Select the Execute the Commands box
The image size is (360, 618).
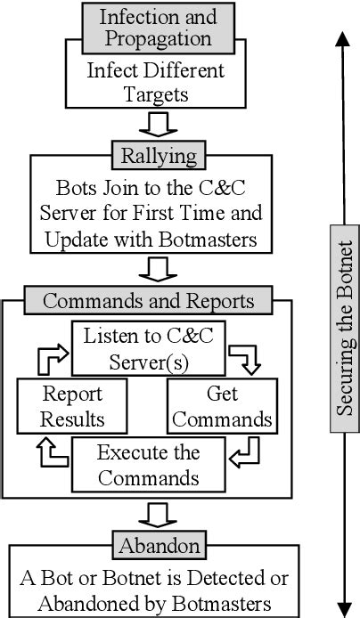(x=148, y=463)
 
